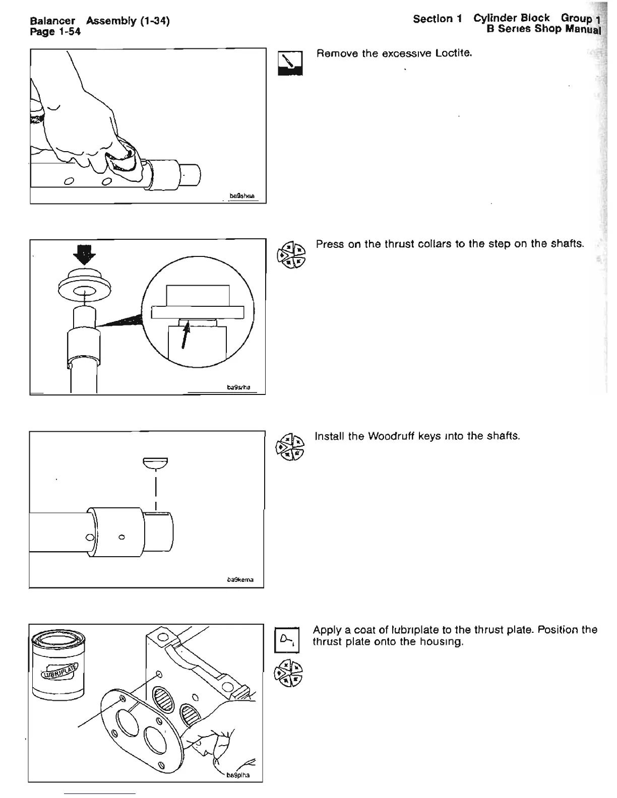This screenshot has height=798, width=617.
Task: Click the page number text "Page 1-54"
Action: click(x=55, y=32)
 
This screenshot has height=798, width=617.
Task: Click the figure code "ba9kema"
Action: click(x=240, y=580)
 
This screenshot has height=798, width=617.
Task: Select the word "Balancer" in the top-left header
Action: click(x=52, y=21)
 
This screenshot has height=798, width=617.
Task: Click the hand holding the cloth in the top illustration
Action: click(x=86, y=126)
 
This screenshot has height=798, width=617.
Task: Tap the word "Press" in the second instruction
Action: click(x=329, y=244)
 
